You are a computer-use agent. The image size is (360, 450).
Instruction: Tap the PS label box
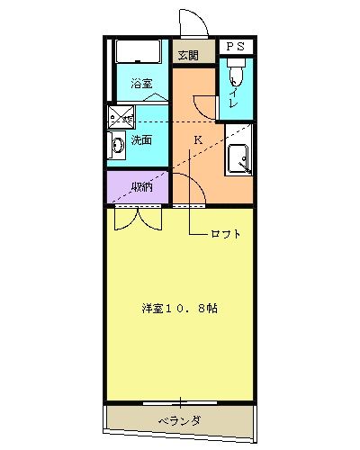pos(234,45)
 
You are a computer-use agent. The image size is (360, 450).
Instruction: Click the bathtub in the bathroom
pos(138,52)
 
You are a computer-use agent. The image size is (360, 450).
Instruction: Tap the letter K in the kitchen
pos(198,139)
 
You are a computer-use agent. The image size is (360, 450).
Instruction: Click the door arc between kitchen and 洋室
pos(186,189)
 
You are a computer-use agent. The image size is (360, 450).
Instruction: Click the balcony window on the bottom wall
pos(180,401)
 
